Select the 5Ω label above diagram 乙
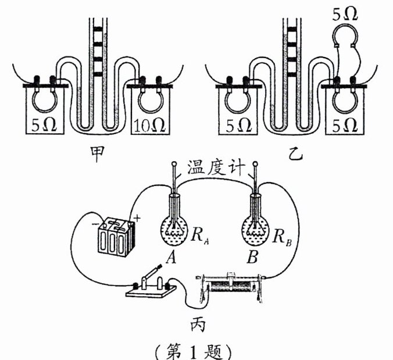click(x=347, y=12)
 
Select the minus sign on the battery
click(x=93, y=224)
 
